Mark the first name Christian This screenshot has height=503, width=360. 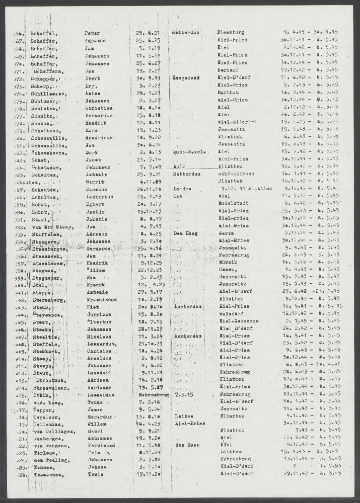pyautogui.click(x=98, y=108)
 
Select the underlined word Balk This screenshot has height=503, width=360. pyautogui.click(x=179, y=166)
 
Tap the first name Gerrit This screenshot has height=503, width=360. pyautogui.click(x=94, y=181)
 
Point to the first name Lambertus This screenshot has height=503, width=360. pyautogui.click(x=98, y=196)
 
